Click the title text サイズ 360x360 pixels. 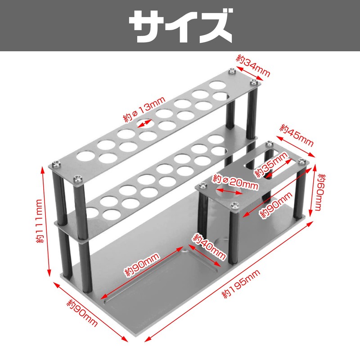(180, 26)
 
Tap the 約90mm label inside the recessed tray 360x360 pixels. (142, 265)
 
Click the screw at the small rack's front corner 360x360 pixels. (234, 206)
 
